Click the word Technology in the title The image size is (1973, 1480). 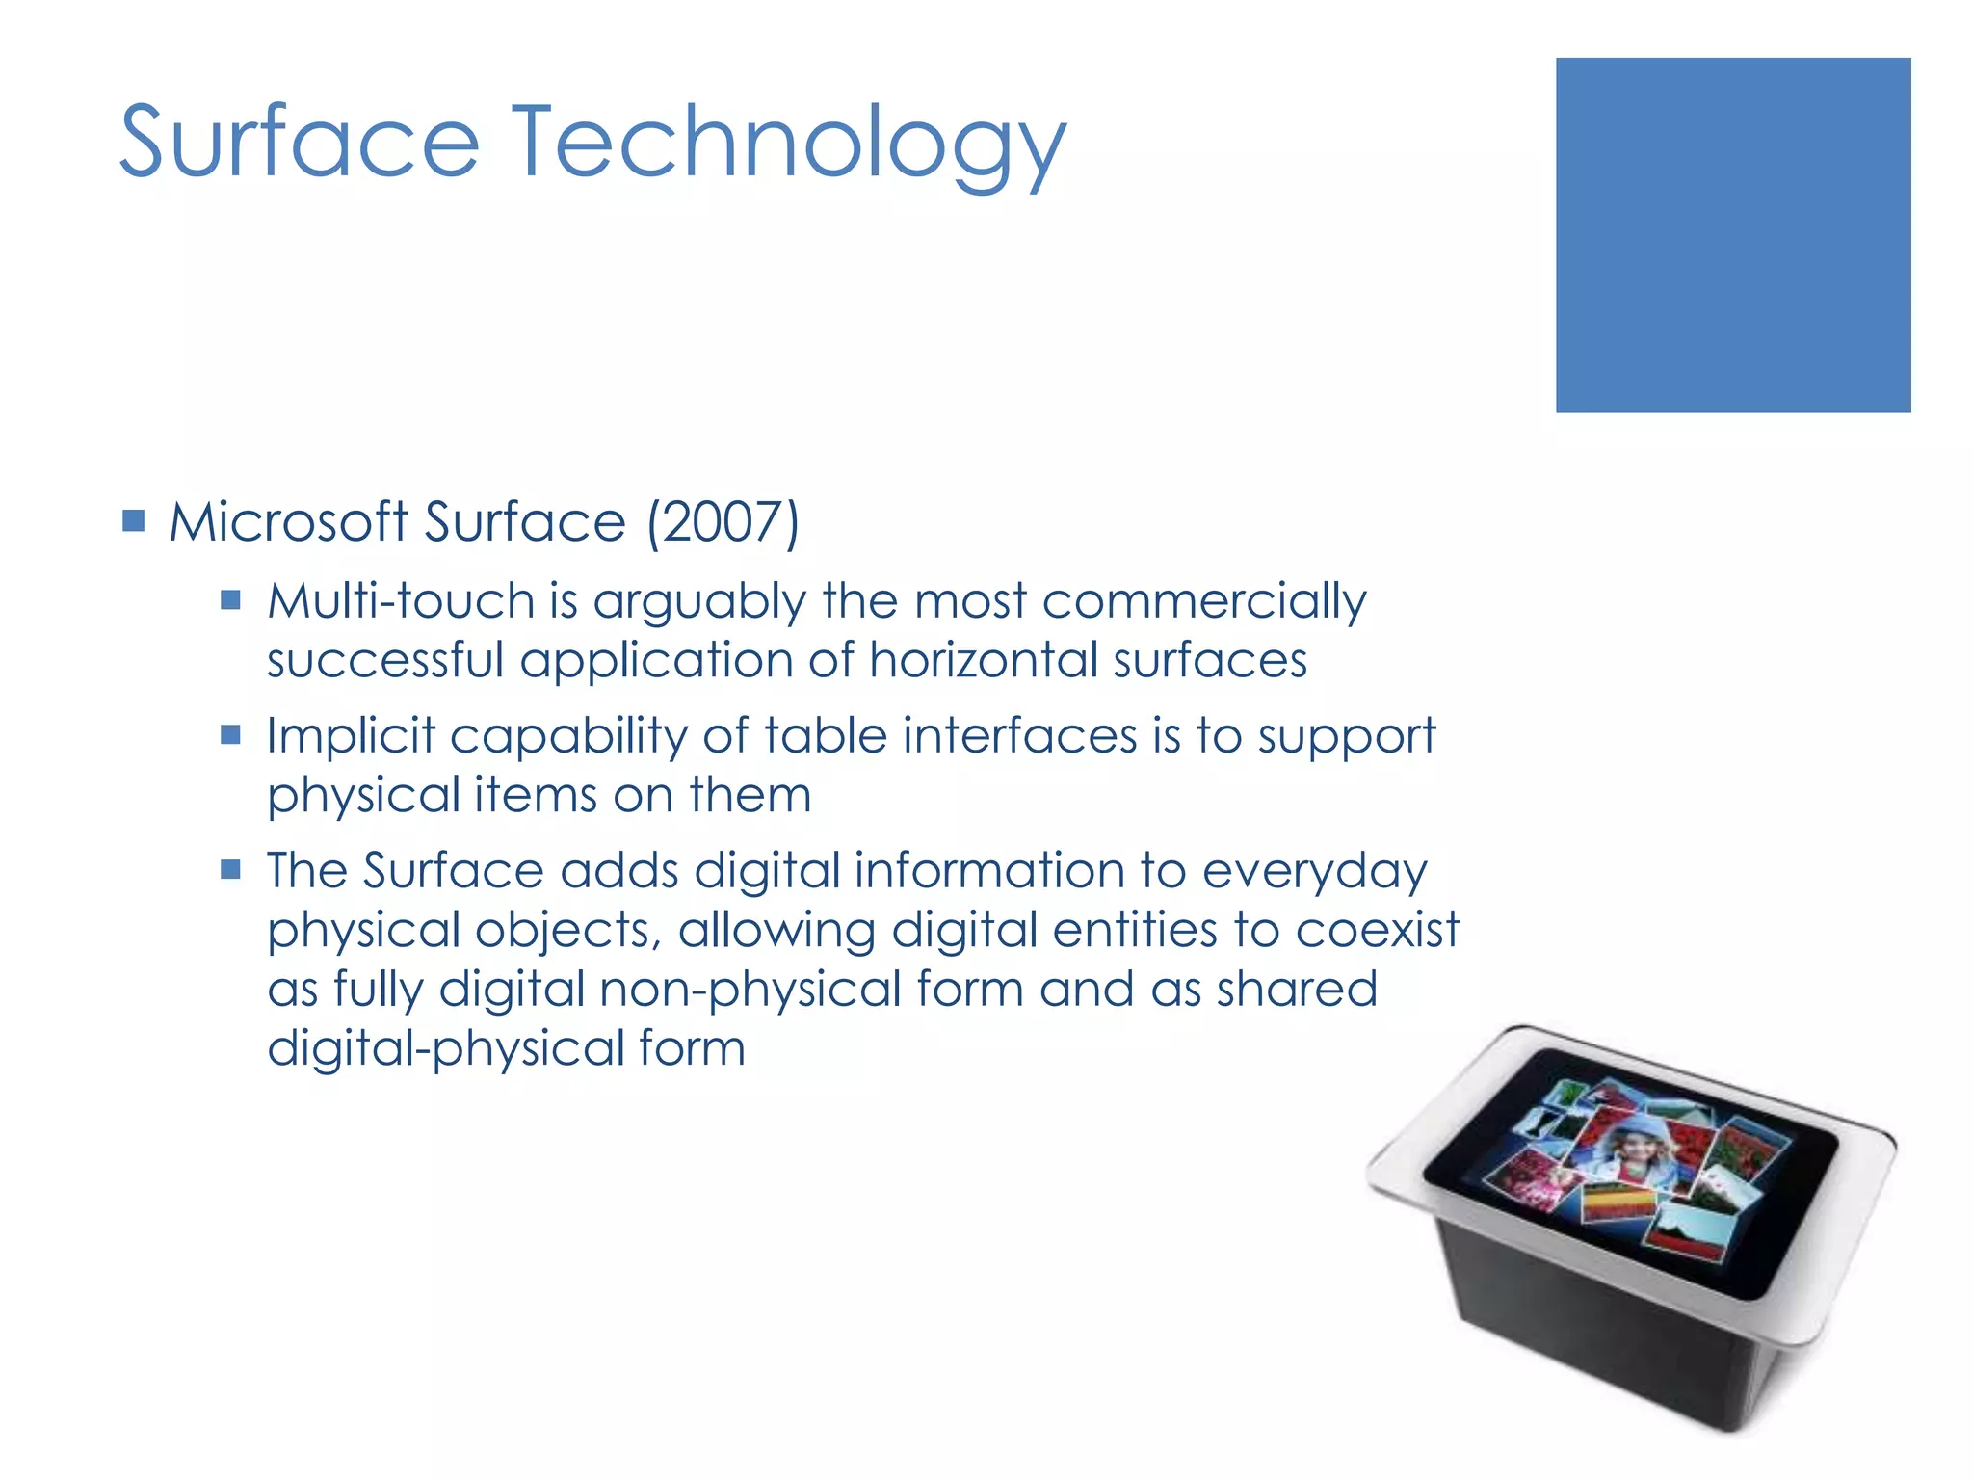coord(787,145)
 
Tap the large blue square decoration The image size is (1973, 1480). coord(1732,235)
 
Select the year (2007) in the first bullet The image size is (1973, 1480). coord(723,523)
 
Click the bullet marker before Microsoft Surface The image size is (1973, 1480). coord(134,522)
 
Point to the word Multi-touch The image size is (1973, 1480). coord(401,601)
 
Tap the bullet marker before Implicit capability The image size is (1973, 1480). coord(230,735)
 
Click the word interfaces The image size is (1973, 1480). coord(1021,736)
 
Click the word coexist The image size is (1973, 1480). coord(1378,931)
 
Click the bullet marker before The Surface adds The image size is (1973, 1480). coord(230,870)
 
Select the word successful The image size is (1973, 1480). coord(385,661)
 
